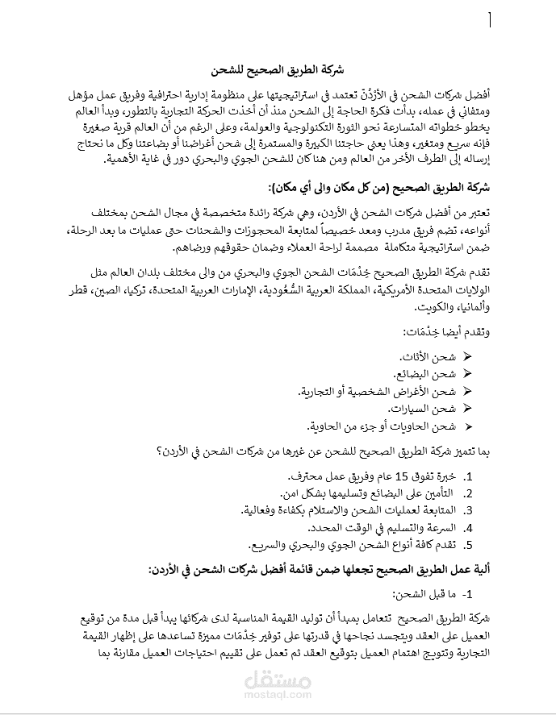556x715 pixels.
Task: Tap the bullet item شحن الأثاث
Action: [428, 356]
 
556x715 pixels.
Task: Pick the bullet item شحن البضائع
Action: [424, 374]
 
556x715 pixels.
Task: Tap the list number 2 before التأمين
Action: [467, 493]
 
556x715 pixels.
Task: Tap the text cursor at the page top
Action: [489, 20]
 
